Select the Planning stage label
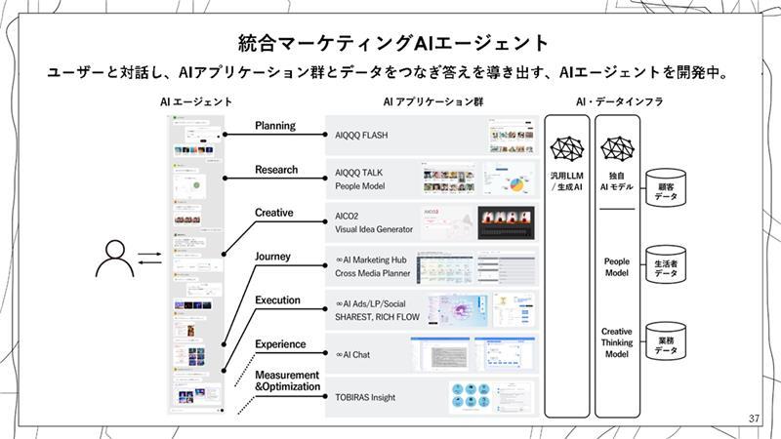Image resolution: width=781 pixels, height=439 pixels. tap(274, 126)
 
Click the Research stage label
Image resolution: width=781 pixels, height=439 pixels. tap(276, 170)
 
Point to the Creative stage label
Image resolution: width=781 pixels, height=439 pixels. tap(273, 213)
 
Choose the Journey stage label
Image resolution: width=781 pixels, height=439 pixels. tap(272, 257)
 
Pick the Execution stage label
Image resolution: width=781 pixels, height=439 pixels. tap(277, 300)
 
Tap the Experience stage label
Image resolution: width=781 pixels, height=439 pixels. tap(280, 344)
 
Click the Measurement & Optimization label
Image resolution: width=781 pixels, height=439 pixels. tap(287, 380)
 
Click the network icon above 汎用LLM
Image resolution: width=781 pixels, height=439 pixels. tap(566, 149)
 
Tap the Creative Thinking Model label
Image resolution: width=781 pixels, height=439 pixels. tap(616, 342)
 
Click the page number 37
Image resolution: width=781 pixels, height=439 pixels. tap(753, 419)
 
